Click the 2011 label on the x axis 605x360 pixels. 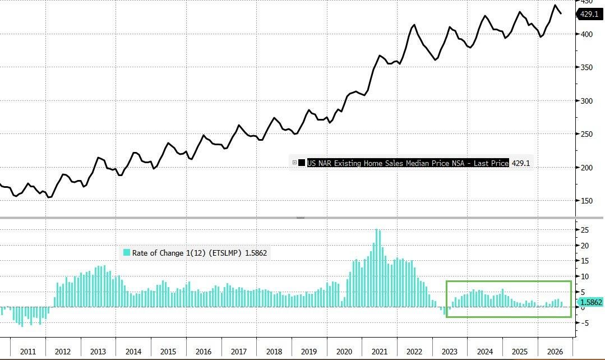coord(28,352)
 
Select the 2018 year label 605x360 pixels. coord(274,352)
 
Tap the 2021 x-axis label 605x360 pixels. coord(379,352)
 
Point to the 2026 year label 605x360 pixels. coord(555,352)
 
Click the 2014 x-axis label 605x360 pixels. coord(133,352)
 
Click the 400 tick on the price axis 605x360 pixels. coord(586,34)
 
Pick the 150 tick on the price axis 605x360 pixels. coord(586,201)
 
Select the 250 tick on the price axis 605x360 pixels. coord(586,134)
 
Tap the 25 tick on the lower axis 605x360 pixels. coord(585,230)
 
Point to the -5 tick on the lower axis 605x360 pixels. coord(585,324)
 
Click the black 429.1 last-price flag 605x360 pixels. coord(589,14)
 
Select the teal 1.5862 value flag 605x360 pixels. coord(590,302)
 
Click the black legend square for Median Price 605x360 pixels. coord(302,163)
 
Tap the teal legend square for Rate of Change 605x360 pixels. coord(127,253)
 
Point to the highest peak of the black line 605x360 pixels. coord(555,5)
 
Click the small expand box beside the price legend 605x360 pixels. coord(294,163)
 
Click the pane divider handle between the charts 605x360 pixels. coord(300,218)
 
